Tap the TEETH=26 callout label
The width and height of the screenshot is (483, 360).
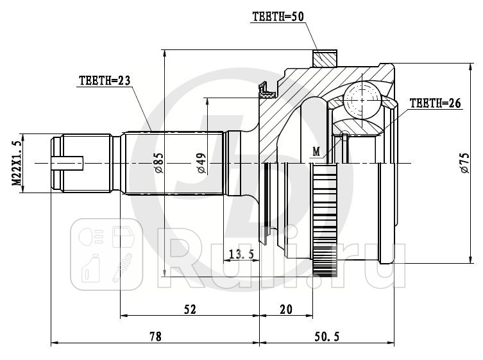(x=436, y=102)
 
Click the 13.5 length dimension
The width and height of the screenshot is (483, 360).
(x=241, y=254)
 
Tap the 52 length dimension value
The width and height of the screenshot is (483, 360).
(x=189, y=309)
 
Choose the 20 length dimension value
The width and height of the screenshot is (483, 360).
(x=285, y=309)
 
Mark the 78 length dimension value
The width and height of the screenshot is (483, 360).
(x=153, y=336)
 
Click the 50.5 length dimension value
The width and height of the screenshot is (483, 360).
(x=327, y=336)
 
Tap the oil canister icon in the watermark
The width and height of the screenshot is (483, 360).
(x=90, y=270)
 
